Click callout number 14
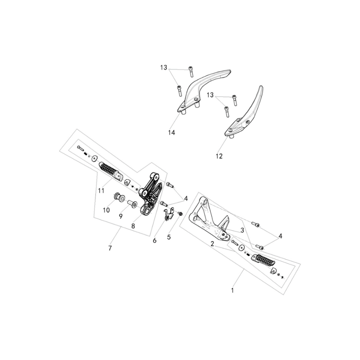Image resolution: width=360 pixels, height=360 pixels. pos(172,132)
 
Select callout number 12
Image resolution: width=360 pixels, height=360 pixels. pos(219,156)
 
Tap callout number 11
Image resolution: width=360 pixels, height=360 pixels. pos(101,190)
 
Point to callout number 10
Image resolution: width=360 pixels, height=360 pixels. pos(106,210)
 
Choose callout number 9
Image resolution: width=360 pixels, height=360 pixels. pos(121,216)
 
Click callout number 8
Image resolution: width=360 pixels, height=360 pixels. pos(133,226)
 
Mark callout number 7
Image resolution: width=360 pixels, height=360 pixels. pos(110,248)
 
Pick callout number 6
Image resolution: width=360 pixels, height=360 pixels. pos(154,240)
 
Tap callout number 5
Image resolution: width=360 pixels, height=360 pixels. pos(169,237)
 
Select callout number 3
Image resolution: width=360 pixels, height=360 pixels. pos(242,230)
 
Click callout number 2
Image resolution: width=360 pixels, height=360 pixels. pos(212,244)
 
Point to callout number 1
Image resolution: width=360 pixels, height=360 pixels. pos(232,290)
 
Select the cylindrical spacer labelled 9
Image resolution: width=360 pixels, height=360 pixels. pos(132,204)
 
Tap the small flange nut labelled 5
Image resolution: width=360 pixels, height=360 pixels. pos(180,214)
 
